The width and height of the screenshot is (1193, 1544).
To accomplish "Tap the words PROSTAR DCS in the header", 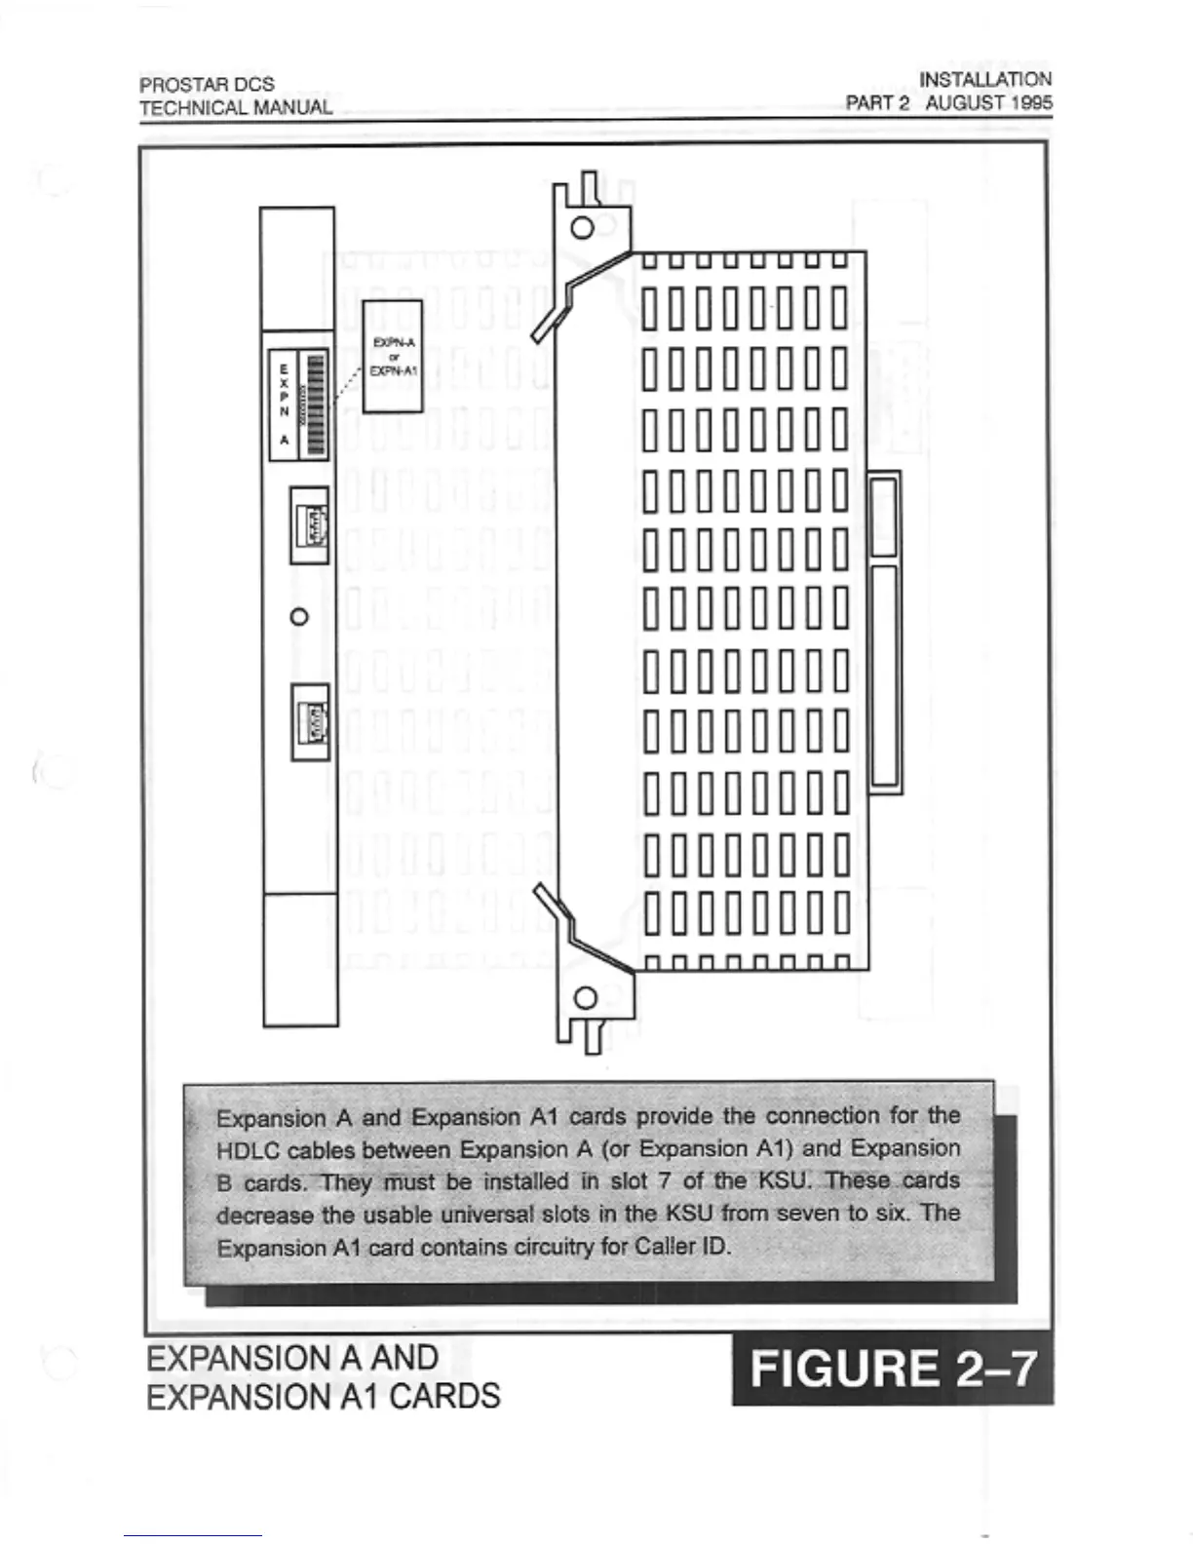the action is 207,85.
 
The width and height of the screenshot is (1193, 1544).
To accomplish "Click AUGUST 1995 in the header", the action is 988,102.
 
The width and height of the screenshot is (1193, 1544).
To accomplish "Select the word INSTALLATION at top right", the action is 985,79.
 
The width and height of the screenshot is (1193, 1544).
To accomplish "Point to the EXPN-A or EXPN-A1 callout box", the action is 393,356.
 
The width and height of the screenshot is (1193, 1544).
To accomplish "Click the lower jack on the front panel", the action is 311,721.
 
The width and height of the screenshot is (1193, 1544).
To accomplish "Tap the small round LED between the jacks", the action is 300,616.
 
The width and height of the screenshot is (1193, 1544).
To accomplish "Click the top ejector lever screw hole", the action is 582,228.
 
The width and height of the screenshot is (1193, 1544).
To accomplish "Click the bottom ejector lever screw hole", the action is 586,998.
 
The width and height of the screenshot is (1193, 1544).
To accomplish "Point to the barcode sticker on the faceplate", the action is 314,405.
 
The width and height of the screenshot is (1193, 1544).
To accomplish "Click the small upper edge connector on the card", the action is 883,514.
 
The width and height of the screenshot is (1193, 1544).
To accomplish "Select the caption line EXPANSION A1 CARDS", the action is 323,1396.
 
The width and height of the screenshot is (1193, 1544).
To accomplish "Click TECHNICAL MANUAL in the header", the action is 236,107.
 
